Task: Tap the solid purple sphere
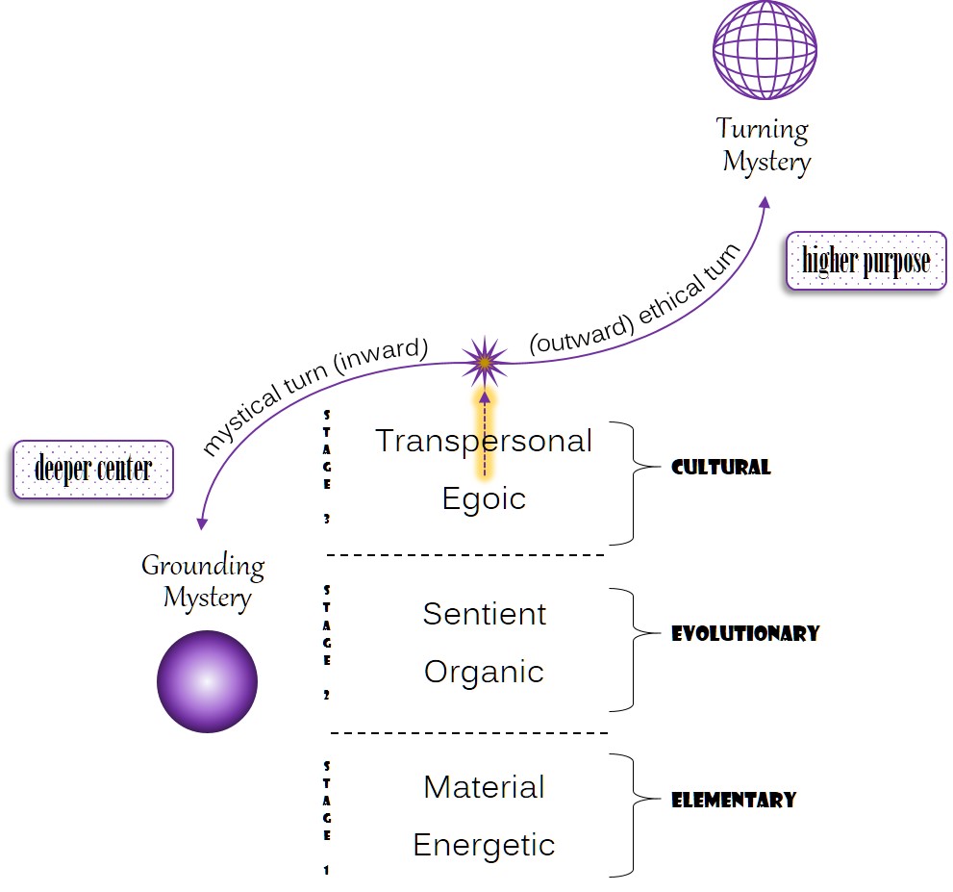pyautogui.click(x=207, y=682)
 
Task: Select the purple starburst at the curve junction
pyautogui.click(x=485, y=362)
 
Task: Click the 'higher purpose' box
pyautogui.click(x=865, y=261)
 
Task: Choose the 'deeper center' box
pyautogui.click(x=93, y=470)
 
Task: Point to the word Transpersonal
pyautogui.click(x=484, y=441)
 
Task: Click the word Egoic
pyautogui.click(x=484, y=498)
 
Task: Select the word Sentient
pyautogui.click(x=485, y=614)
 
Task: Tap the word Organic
pyautogui.click(x=484, y=672)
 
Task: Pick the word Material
pyautogui.click(x=484, y=787)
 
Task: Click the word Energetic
pyautogui.click(x=484, y=845)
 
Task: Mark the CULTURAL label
pyautogui.click(x=721, y=468)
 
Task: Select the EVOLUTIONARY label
pyautogui.click(x=745, y=633)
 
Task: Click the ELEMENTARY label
pyautogui.click(x=734, y=800)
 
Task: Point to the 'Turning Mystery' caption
pyautogui.click(x=765, y=144)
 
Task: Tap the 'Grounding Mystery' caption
pyautogui.click(x=204, y=581)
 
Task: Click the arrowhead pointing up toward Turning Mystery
pyautogui.click(x=765, y=202)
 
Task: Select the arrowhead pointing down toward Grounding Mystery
pyautogui.click(x=201, y=523)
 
